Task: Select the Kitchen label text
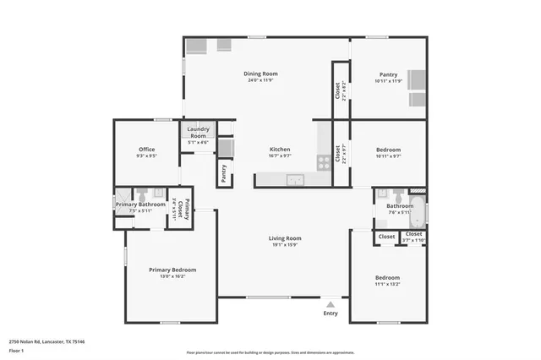[x=280, y=149]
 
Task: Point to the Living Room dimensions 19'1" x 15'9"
[x=286, y=245]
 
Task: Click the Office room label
[x=146, y=150]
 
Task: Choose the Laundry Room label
[x=199, y=132]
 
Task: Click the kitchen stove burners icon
[x=322, y=161]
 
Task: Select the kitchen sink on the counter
[x=295, y=178]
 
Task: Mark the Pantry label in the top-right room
[x=388, y=74]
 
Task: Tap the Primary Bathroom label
[x=140, y=205]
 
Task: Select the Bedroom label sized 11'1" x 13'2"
[x=388, y=277]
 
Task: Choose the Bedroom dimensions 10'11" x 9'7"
[x=388, y=155]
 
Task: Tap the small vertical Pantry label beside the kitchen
[x=224, y=172]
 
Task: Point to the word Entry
[x=331, y=314]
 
